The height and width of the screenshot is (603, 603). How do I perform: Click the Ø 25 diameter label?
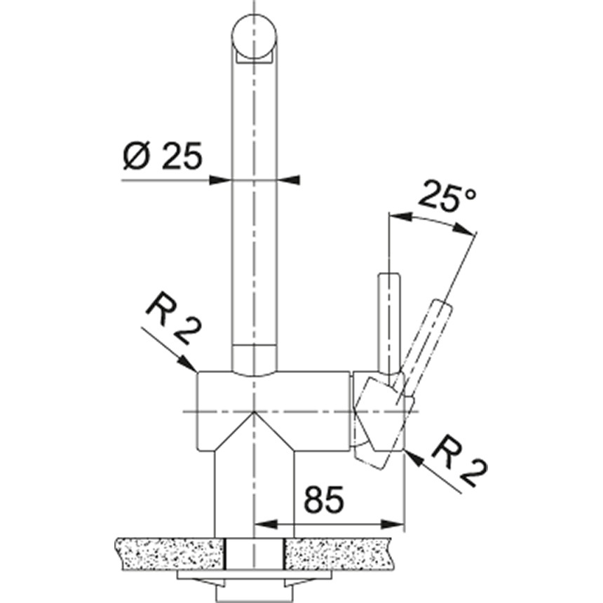(x=161, y=155)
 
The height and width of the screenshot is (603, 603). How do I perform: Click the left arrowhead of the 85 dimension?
(x=261, y=524)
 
